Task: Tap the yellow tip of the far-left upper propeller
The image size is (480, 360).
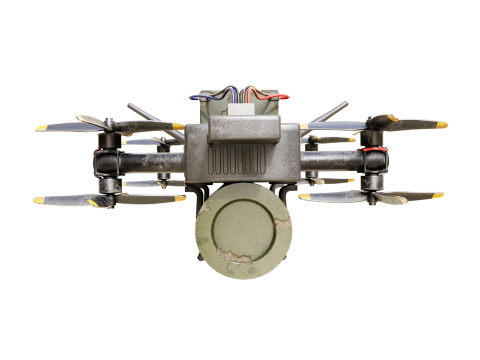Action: click(41, 128)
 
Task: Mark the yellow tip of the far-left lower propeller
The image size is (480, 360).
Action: click(38, 200)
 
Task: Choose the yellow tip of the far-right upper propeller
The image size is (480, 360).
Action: click(441, 125)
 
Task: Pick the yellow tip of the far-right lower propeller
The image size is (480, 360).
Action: click(438, 195)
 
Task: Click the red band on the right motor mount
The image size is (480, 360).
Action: click(375, 151)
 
